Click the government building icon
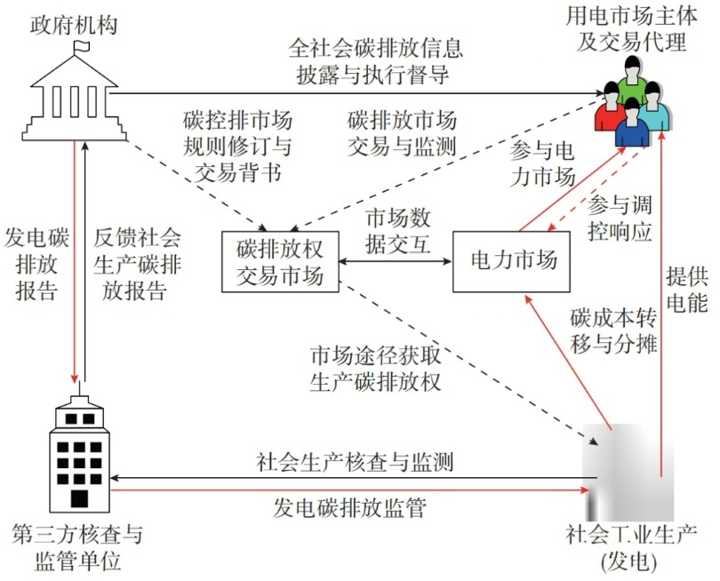pyautogui.click(x=75, y=92)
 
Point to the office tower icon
pyautogui.click(x=79, y=454)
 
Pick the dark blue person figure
pyautogui.click(x=632, y=123)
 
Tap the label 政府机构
pyautogui.click(x=74, y=26)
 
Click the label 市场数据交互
pyautogui.click(x=398, y=231)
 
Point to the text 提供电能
pyautogui.click(x=686, y=290)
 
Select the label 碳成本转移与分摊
pyautogui.click(x=613, y=331)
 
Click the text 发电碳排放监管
pyautogui.click(x=349, y=508)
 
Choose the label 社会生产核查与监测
pyautogui.click(x=355, y=462)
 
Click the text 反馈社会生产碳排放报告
pyautogui.click(x=137, y=265)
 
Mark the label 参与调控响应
pyautogui.click(x=620, y=219)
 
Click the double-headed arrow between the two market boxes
pyautogui.click(x=396, y=261)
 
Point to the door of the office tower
pyautogui.click(x=79, y=498)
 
